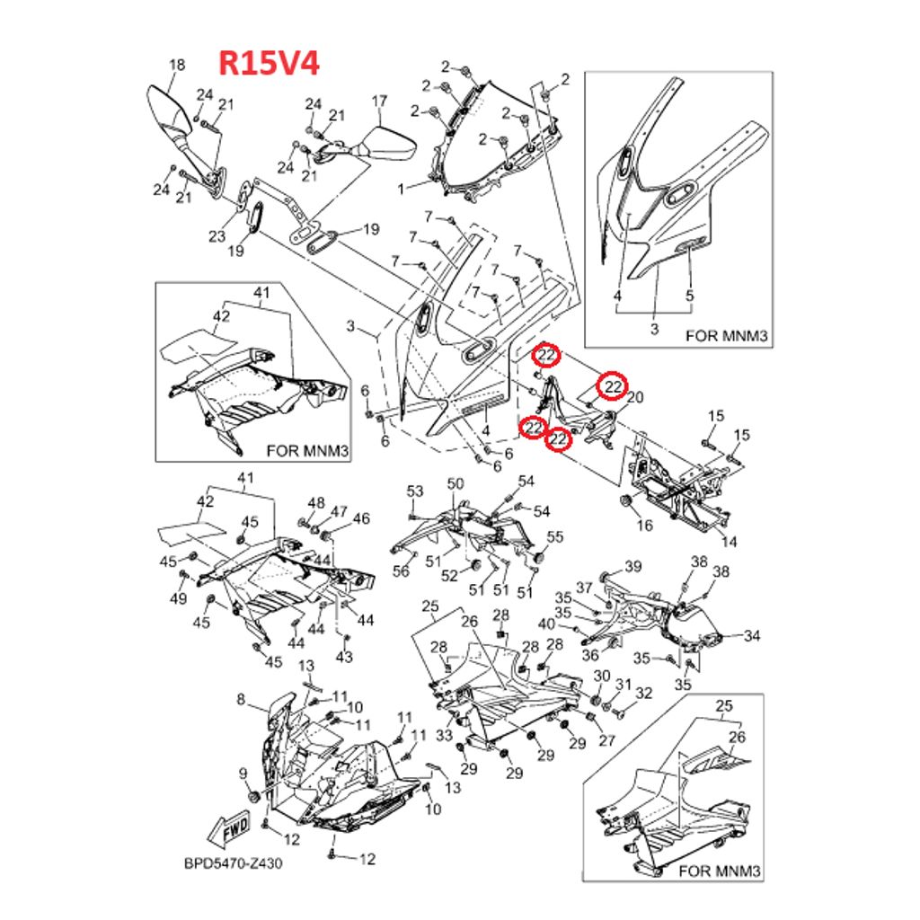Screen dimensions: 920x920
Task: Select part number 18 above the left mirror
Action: point(177,65)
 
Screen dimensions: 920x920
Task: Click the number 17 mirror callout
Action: point(379,101)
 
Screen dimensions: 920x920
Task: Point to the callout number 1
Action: point(402,187)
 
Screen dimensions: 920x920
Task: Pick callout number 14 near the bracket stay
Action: point(730,541)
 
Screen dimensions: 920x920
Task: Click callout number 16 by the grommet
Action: point(645,525)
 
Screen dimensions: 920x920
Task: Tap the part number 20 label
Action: point(635,398)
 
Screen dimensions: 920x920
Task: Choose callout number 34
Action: point(752,636)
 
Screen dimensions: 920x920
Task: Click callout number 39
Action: point(633,566)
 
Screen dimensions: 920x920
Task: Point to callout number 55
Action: point(555,537)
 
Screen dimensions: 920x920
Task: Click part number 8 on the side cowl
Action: point(241,699)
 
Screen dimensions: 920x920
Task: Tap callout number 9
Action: point(243,772)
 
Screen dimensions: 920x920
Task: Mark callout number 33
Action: point(443,736)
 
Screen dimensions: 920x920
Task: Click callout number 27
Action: point(606,741)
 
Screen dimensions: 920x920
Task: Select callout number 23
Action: point(217,236)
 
